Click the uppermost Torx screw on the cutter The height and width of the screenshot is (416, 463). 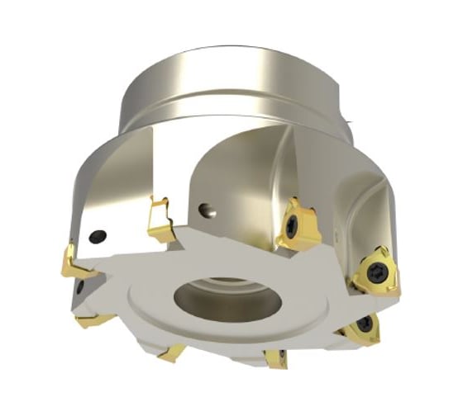pyautogui.click(x=296, y=220)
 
